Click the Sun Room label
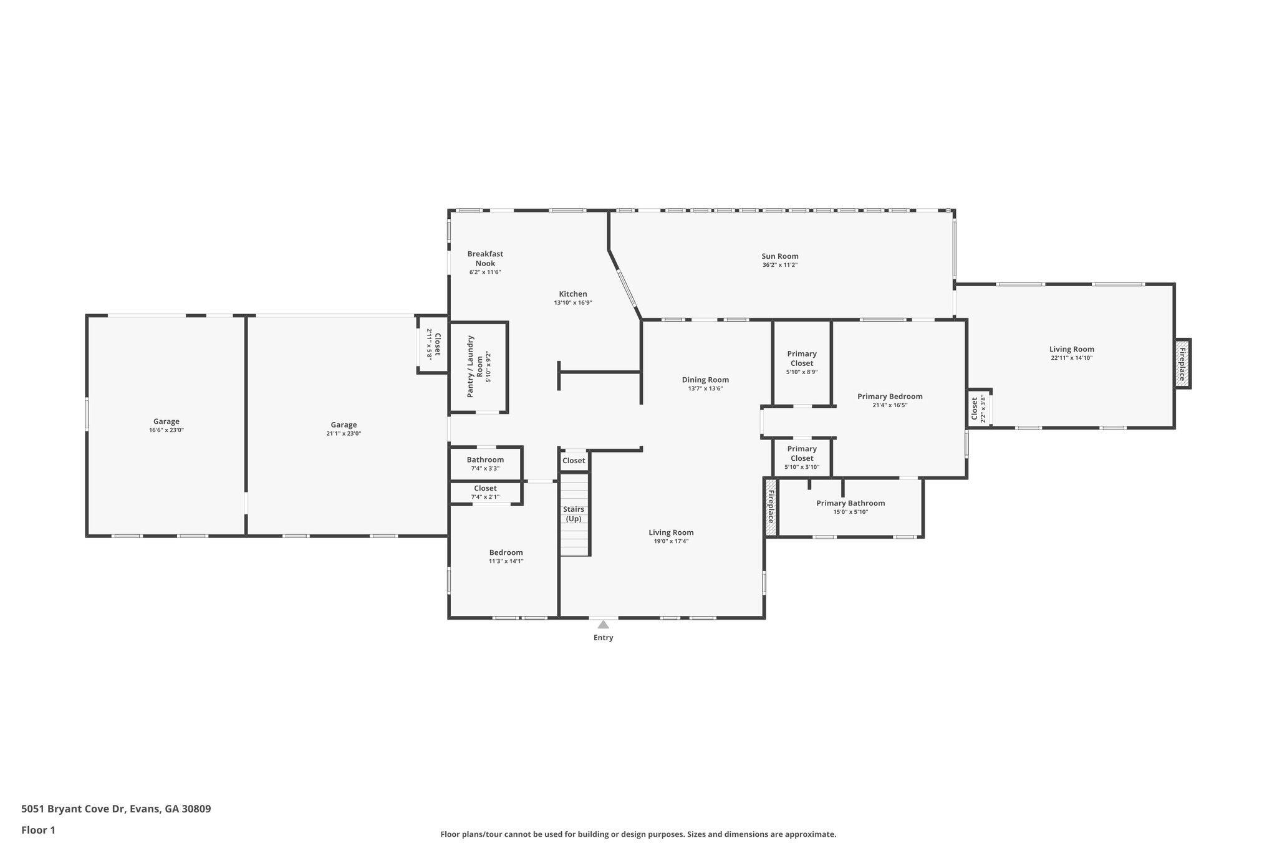(779, 256)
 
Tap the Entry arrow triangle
(603, 624)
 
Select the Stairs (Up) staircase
(574, 514)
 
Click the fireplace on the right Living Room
(1182, 363)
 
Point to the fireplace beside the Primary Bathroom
(771, 506)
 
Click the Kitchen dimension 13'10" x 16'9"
(572, 303)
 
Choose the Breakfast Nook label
(485, 258)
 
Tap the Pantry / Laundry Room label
(475, 367)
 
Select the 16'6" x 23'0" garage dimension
(166, 430)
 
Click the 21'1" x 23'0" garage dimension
(344, 433)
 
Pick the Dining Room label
(705, 380)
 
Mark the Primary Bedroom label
(890, 397)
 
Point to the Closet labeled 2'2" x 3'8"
(978, 409)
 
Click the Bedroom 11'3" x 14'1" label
(506, 552)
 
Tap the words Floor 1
(38, 830)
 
